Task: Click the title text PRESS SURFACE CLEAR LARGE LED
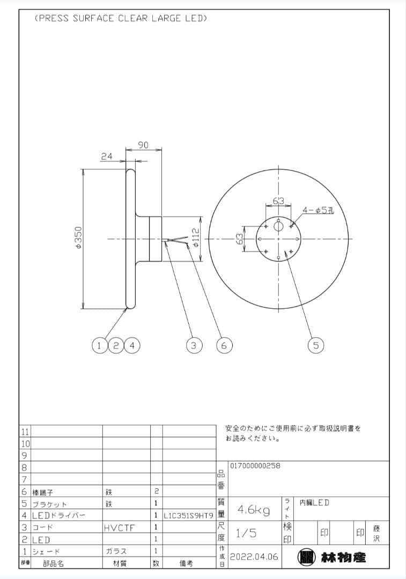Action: pyautogui.click(x=121, y=18)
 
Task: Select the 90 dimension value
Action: pyautogui.click(x=143, y=145)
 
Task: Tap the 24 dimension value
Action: pyautogui.click(x=107, y=157)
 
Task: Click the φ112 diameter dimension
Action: pyautogui.click(x=196, y=238)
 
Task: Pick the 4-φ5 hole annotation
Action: pyautogui.click(x=318, y=211)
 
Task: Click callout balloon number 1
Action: pyautogui.click(x=99, y=346)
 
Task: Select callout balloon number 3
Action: pyautogui.click(x=194, y=346)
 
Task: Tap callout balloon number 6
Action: pyautogui.click(x=224, y=346)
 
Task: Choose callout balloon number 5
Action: pyautogui.click(x=316, y=346)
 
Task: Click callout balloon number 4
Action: pyautogui.click(x=132, y=346)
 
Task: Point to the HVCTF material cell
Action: pyautogui.click(x=120, y=528)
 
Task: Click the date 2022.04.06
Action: pyautogui.click(x=254, y=557)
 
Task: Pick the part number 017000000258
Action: pyautogui.click(x=255, y=466)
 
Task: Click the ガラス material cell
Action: pyautogui.click(x=116, y=551)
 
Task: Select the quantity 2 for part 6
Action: pyautogui.click(x=156, y=491)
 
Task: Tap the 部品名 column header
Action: pyautogui.click(x=54, y=563)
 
